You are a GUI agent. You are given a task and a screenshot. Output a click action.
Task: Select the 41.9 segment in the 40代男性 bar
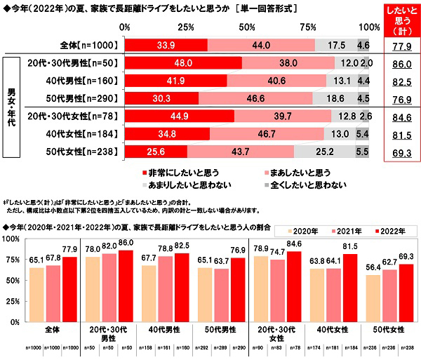[x=176, y=80]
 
